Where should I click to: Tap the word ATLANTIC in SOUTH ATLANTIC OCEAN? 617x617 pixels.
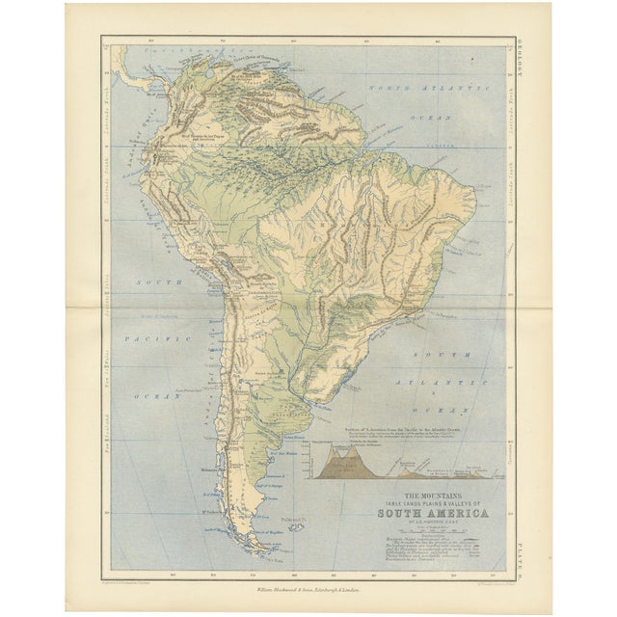[432, 381]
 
